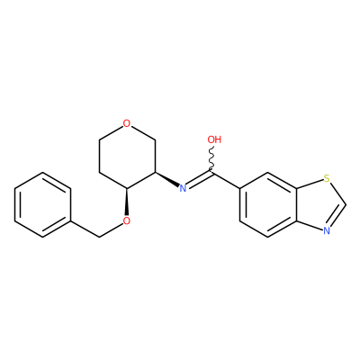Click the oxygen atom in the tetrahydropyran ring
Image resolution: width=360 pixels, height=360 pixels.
tap(127, 123)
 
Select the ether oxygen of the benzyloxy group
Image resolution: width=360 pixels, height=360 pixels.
tap(127, 221)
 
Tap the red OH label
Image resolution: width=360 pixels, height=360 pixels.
tap(214, 139)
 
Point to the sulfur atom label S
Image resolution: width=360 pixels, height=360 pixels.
tap(327, 179)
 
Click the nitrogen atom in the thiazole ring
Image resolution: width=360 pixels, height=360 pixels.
tap(327, 230)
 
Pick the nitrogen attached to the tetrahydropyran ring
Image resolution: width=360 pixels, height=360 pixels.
tap(183, 188)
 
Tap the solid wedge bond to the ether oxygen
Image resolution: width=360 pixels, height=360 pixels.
tap(127, 202)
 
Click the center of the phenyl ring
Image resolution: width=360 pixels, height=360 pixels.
tap(43, 205)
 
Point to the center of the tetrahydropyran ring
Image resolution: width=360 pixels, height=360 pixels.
tap(127, 156)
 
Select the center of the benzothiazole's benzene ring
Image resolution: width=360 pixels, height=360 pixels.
tap(268, 205)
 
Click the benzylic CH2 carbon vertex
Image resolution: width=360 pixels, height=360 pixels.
tap(99, 238)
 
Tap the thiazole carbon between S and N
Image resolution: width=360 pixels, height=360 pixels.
tap(346, 205)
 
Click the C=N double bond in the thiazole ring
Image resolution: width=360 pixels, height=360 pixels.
tap(337, 217)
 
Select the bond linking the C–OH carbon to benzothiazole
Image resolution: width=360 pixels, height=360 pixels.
tap(226, 181)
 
